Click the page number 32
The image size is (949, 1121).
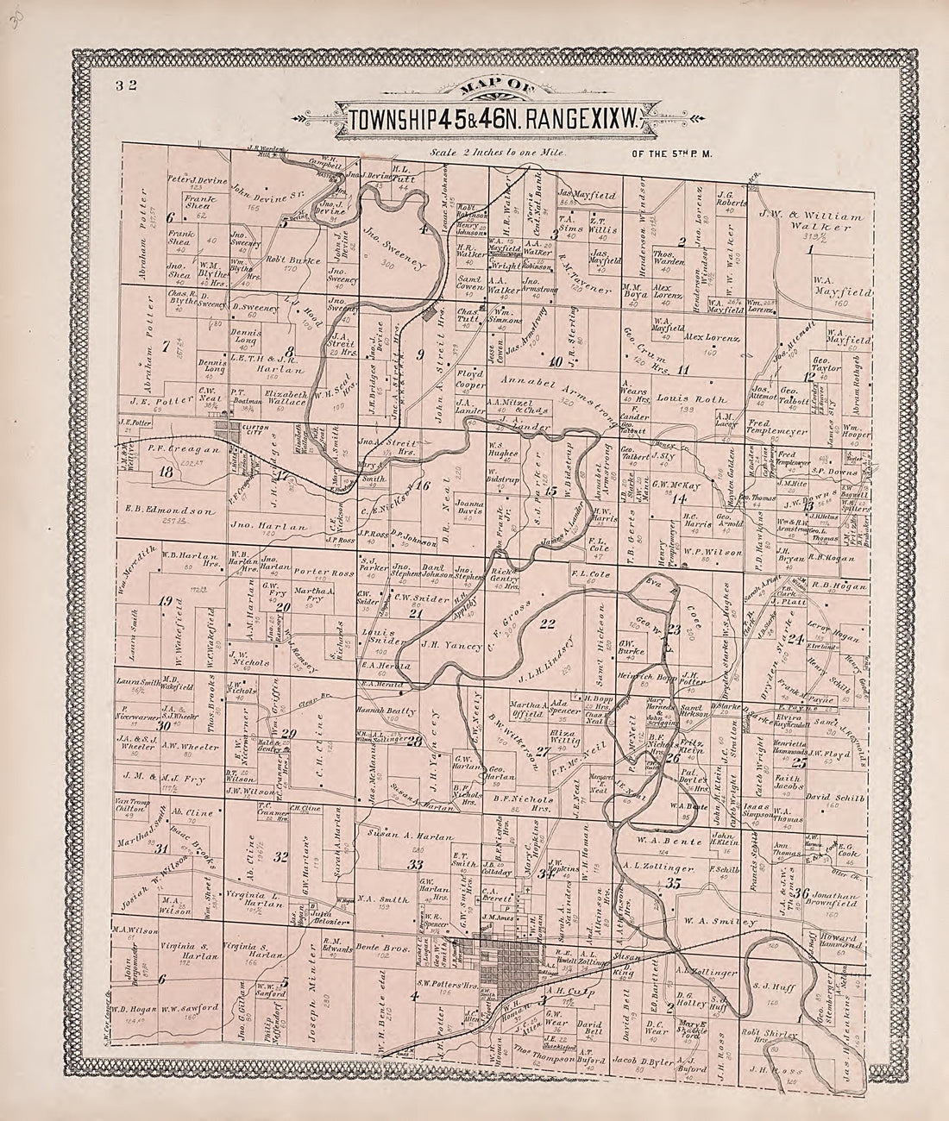[118, 85]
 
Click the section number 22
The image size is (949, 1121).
[545, 624]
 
